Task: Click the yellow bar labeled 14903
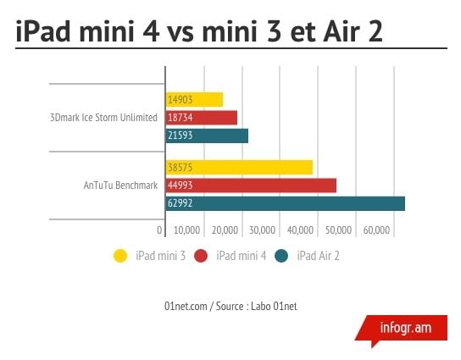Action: (x=194, y=100)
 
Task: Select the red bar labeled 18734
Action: (x=202, y=118)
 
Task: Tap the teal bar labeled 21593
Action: (x=207, y=136)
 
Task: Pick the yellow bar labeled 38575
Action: (x=239, y=168)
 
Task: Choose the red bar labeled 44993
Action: (x=251, y=186)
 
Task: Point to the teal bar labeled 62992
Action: (x=286, y=203)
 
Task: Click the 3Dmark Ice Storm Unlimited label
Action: (x=103, y=118)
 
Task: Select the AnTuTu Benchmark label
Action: (x=120, y=186)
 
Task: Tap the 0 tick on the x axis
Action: (x=159, y=230)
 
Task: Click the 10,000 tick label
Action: (x=187, y=230)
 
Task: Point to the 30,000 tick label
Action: (x=262, y=230)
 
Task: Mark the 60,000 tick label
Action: (x=376, y=230)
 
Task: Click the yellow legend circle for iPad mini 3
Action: (x=120, y=256)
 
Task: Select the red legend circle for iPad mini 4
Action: (x=201, y=256)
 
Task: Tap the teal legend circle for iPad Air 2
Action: (x=281, y=256)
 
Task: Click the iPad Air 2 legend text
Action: (x=318, y=256)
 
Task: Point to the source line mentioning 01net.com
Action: (x=230, y=307)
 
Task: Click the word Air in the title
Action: (x=342, y=31)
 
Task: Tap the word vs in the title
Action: (x=180, y=34)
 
